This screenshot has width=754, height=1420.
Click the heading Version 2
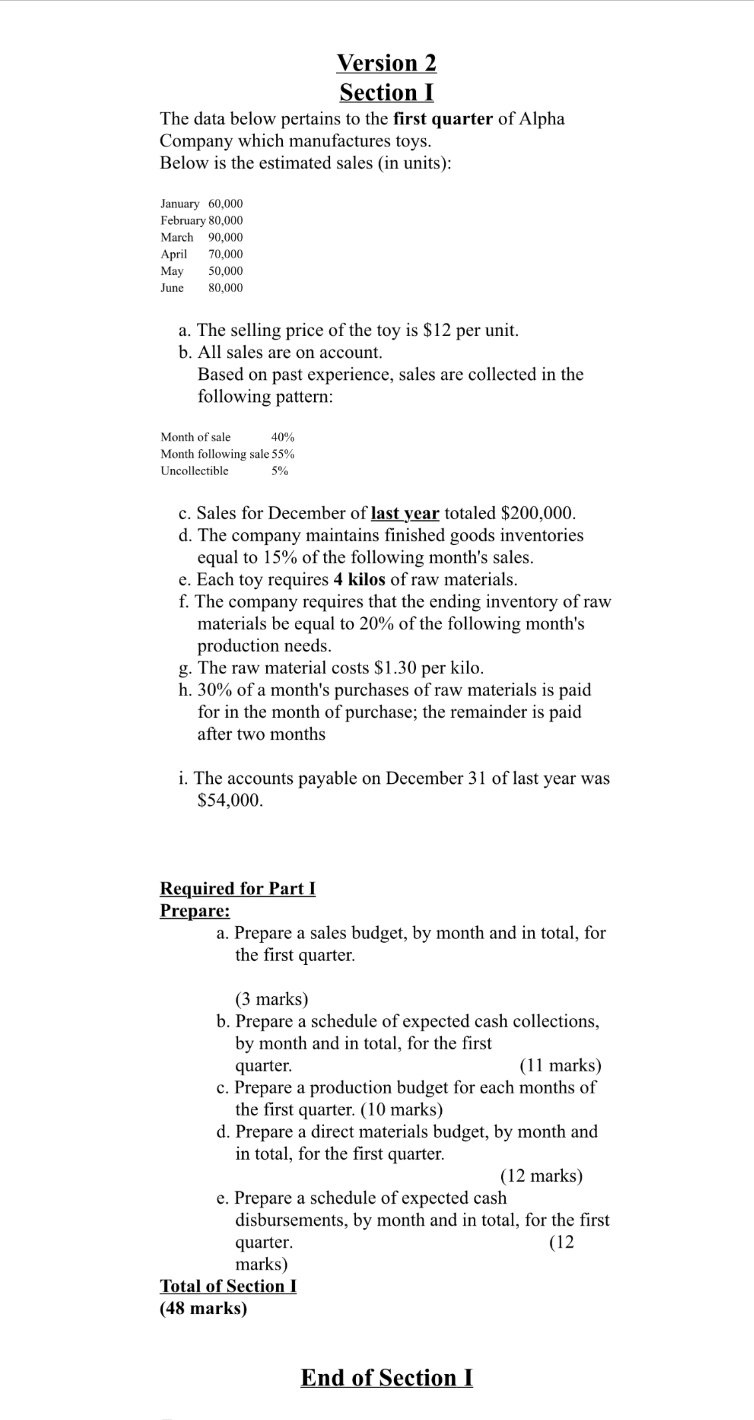click(387, 63)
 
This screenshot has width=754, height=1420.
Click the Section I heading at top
click(387, 92)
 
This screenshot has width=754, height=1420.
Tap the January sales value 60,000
click(226, 204)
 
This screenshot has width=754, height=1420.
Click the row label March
click(177, 238)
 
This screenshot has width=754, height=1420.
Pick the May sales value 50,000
click(226, 271)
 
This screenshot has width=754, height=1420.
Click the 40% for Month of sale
click(283, 437)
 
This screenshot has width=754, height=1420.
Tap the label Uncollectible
click(194, 471)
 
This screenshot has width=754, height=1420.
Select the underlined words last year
click(405, 513)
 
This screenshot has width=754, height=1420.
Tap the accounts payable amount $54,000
click(230, 800)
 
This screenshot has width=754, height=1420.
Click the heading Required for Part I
click(238, 888)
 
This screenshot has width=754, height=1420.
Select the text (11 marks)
click(560, 1065)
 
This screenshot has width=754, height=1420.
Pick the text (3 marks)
click(272, 999)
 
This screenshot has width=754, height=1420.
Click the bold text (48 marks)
click(204, 1308)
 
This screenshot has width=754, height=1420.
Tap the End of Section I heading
click(387, 1377)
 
